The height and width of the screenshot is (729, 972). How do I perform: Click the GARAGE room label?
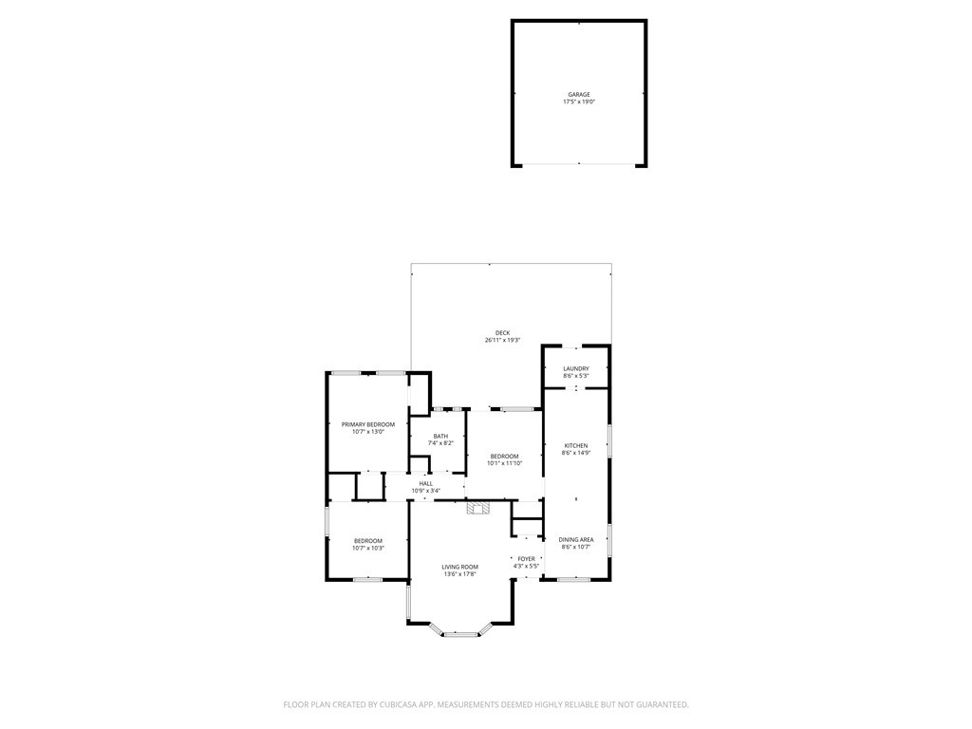579,95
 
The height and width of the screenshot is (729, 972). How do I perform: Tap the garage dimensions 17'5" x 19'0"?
579,102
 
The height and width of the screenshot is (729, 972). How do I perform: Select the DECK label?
502,333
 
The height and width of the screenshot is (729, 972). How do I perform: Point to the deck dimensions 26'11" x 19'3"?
502,340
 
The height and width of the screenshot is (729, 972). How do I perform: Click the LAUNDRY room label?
575,369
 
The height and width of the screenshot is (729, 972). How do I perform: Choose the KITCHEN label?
576,446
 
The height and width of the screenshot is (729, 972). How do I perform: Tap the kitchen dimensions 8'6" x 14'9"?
576,453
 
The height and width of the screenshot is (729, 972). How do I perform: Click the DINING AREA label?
576,540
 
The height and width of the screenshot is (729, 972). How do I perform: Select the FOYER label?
526,559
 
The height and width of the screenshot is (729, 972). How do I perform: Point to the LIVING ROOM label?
459,568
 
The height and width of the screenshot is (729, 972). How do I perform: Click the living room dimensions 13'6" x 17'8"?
459,574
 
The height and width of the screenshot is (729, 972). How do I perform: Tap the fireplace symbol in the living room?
478,508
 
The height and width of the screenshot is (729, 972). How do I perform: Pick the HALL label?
425,484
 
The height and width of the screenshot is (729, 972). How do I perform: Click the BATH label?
440,437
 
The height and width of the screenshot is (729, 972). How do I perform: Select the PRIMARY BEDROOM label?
368,424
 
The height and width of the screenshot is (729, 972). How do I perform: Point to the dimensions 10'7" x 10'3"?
367,548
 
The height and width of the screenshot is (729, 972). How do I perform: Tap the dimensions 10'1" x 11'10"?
504,463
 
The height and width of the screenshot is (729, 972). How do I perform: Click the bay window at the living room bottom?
461,633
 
